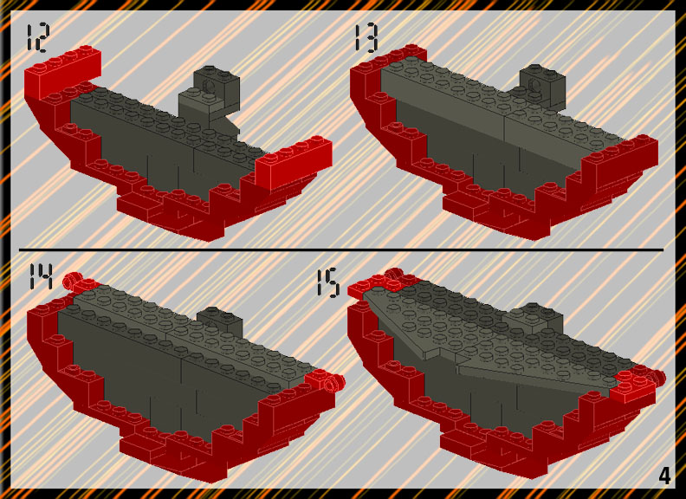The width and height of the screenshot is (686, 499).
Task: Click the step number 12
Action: pyautogui.click(x=38, y=38)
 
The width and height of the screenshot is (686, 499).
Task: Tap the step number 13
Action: pyautogui.click(x=366, y=38)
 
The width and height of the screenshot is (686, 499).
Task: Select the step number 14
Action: pyautogui.click(x=40, y=275)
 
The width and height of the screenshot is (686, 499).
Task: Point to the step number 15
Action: pyautogui.click(x=327, y=283)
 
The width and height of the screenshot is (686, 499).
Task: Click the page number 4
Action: pyautogui.click(x=664, y=476)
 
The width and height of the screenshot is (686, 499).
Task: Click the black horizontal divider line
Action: pyautogui.click(x=341, y=250)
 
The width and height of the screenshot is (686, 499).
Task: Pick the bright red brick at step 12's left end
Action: pyautogui.click(x=62, y=71)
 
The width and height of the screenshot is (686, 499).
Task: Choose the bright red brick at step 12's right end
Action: pyautogui.click(x=294, y=162)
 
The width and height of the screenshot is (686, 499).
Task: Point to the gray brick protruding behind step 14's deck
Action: pyautogui.click(x=220, y=320)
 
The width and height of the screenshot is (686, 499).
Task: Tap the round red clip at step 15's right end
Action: pyautogui.click(x=657, y=377)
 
